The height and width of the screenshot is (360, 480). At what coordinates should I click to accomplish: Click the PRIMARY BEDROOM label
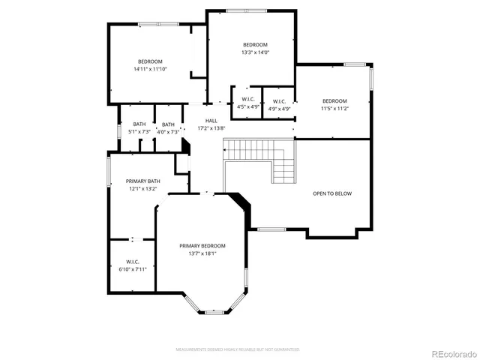pos(202,246)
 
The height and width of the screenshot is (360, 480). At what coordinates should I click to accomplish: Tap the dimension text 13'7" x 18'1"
pos(202,253)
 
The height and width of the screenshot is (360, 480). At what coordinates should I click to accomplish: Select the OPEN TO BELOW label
pos(331,193)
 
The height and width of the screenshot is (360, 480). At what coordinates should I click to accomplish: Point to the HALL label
pos(211,120)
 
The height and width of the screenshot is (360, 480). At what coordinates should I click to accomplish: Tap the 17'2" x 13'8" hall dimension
pos(211,127)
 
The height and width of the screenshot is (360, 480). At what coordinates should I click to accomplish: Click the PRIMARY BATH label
pos(142,181)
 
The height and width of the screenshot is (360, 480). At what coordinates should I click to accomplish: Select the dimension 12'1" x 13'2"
pos(142,188)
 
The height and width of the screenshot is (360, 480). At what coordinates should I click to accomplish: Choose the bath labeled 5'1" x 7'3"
pos(139,128)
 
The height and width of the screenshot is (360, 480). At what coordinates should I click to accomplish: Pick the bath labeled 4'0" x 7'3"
pos(168,128)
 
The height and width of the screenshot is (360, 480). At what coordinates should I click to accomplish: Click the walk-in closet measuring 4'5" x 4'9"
pos(248,104)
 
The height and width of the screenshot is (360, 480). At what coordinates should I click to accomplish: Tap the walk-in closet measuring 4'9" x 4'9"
pos(279,105)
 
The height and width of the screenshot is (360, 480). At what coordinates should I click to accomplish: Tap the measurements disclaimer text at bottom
pos(238,349)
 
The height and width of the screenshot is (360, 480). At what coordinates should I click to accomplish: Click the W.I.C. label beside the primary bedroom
pos(132,261)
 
